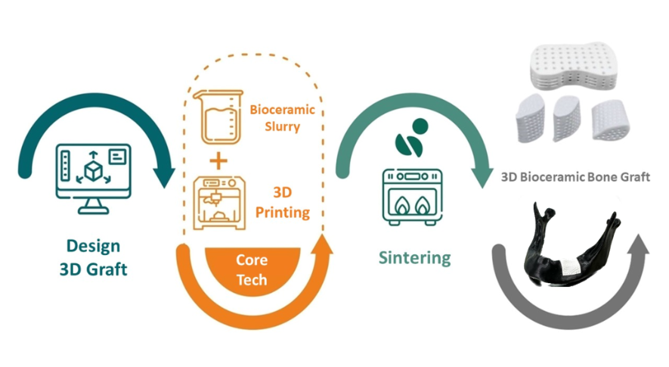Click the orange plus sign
click(218, 160)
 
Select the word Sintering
click(414, 257)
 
